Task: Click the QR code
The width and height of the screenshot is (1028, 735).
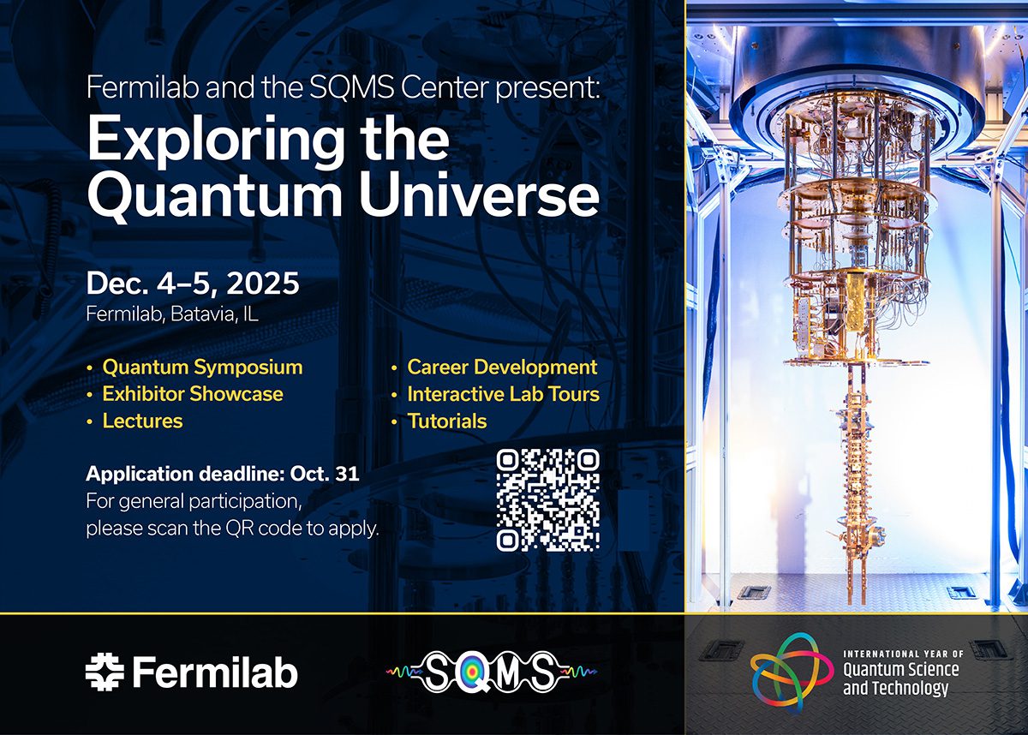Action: click(547, 499)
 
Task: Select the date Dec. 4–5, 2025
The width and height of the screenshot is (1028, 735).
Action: click(193, 284)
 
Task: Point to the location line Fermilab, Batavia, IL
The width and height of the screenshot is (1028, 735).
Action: click(172, 314)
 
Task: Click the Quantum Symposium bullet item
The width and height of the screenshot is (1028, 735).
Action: click(202, 367)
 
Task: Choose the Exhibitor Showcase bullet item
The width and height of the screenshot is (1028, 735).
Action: click(192, 394)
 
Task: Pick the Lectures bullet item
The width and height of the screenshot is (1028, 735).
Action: click(142, 421)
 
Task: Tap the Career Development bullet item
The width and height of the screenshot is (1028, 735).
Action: click(502, 367)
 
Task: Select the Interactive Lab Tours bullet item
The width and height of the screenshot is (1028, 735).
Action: click(503, 394)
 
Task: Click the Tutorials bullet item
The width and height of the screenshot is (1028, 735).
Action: click(446, 421)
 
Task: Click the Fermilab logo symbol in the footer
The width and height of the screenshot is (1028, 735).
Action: click(105, 672)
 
